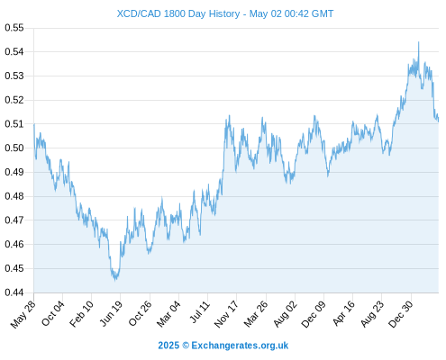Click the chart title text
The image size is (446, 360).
tap(225, 13)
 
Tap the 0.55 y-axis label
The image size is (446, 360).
tap(14, 28)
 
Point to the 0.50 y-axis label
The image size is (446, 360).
tap(14, 148)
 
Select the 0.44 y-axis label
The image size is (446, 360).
tap(14, 292)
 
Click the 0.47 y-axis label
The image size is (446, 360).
tap(14, 220)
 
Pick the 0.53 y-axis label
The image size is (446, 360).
tap(14, 76)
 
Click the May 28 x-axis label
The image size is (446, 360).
tap(23, 314)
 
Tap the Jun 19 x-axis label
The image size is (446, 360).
tap(111, 313)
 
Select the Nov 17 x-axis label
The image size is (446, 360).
tap(226, 314)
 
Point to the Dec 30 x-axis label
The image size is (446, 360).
tap(401, 314)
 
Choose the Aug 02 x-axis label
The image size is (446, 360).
tap(286, 314)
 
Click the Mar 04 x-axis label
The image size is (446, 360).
tap(168, 314)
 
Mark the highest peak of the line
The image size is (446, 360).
tap(419, 42)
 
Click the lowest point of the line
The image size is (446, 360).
tap(115, 280)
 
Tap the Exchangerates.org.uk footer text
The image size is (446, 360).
tap(240, 346)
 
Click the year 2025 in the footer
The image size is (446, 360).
tap(168, 346)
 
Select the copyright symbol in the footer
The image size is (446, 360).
tap(186, 346)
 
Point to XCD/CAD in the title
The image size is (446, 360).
tap(139, 13)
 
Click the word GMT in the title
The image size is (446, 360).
tap(323, 13)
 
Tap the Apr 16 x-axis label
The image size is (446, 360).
tap(343, 313)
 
